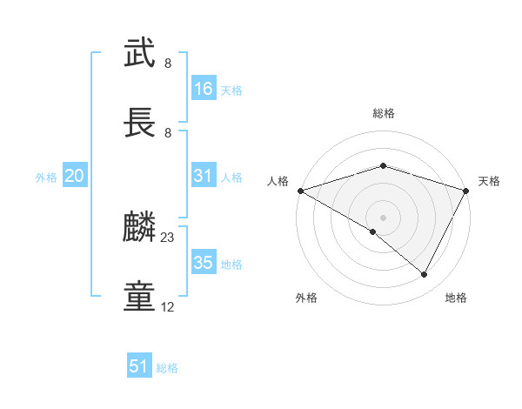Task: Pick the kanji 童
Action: (139, 297)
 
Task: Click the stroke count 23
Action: (168, 238)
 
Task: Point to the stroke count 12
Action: (168, 307)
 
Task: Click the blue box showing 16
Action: (204, 89)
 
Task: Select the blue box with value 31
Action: (204, 176)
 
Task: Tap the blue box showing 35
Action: (204, 263)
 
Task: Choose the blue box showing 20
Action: (75, 176)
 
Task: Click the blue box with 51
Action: (139, 366)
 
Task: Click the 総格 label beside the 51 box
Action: (167, 368)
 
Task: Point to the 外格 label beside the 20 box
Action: (46, 178)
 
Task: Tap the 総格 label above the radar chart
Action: (383, 113)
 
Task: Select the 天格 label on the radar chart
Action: (490, 181)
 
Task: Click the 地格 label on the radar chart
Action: (456, 298)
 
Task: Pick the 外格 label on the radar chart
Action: (306, 298)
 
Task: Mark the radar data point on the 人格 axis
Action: (300, 190)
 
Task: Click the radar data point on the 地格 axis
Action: (425, 275)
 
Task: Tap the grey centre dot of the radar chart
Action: (383, 217)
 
